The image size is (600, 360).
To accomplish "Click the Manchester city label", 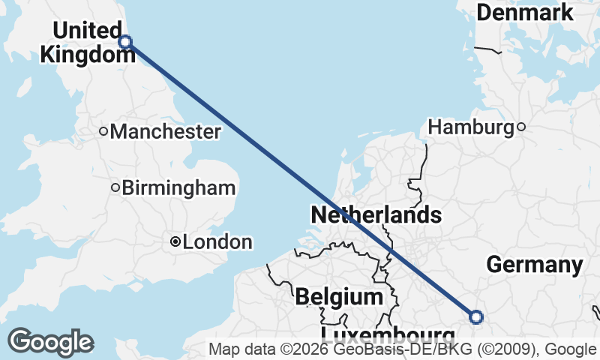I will point(165,132).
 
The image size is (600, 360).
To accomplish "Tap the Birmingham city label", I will point(178,187).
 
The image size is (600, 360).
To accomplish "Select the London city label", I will point(217,242).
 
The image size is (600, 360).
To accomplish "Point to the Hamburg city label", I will point(471,127).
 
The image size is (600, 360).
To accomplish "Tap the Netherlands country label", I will point(376,215).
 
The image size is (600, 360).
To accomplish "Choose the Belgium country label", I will point(339,296).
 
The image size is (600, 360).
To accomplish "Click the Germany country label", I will point(535,265).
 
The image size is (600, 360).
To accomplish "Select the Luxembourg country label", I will point(388,334).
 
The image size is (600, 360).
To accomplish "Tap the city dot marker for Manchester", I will point(104,132).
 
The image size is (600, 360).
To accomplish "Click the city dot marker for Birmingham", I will point(115,187).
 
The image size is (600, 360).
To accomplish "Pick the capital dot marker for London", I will point(175,241).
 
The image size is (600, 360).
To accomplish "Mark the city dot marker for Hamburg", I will point(521,127).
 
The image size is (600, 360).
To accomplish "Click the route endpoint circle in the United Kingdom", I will point(126,42).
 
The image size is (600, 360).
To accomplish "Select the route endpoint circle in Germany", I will point(475,316).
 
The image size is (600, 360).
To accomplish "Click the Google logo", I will point(50,342).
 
